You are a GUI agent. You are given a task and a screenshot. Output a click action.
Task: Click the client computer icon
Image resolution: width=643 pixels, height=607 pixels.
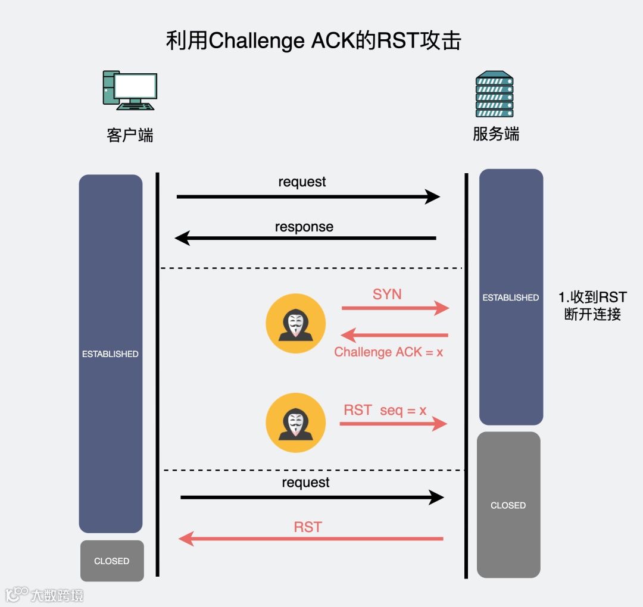tap(130, 90)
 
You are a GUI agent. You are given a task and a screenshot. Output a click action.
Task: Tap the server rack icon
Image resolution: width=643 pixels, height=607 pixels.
tap(494, 94)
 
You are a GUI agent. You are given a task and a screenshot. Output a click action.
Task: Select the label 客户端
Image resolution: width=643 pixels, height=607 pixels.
tap(130, 136)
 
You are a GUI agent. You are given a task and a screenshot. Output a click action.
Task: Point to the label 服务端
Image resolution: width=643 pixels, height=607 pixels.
tap(496, 134)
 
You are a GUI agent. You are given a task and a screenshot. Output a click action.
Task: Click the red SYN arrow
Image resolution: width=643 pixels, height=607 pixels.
tap(395, 308)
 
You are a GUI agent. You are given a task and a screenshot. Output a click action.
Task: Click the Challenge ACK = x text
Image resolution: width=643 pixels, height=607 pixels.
tap(389, 352)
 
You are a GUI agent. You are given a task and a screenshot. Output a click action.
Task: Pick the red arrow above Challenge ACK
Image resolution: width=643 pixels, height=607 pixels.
tap(395, 336)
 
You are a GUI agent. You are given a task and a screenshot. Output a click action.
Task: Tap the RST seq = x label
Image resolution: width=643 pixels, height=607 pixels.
tap(385, 410)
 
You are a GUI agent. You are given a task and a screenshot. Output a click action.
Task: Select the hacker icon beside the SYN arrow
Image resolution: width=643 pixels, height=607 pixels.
tap(295, 324)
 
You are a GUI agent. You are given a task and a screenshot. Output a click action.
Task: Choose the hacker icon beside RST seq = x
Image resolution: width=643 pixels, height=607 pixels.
tap(295, 423)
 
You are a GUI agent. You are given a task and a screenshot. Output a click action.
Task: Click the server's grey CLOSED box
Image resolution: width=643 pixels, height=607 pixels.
tap(508, 505)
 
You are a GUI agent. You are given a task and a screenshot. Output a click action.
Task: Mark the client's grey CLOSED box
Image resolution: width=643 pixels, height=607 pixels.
tap(112, 561)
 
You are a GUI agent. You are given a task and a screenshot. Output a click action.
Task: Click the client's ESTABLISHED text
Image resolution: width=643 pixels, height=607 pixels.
tap(110, 354)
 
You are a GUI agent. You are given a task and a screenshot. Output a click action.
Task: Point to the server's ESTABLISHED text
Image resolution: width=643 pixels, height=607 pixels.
tap(511, 298)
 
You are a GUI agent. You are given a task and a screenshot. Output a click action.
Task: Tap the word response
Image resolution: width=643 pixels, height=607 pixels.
tap(304, 227)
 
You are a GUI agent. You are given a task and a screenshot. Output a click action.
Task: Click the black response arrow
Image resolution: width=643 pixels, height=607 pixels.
tap(305, 239)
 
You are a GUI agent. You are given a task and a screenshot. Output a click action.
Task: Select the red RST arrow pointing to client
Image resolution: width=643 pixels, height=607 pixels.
tap(311, 539)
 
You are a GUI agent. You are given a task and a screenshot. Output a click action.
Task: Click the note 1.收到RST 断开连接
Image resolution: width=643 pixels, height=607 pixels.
tap(592, 305)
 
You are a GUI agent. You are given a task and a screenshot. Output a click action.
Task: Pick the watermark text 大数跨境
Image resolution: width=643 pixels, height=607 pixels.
tap(57, 595)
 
